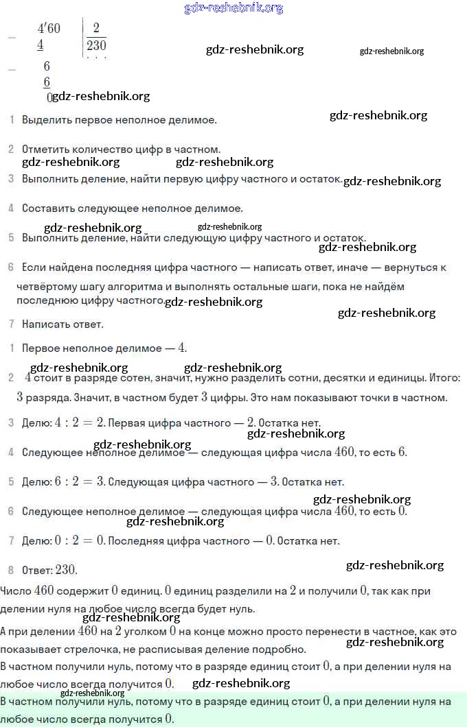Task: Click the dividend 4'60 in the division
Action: pyautogui.click(x=49, y=28)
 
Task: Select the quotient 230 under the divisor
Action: pyautogui.click(x=96, y=45)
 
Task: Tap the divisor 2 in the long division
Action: pyautogui.click(x=96, y=28)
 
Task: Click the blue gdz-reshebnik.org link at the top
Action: pyautogui.click(x=233, y=8)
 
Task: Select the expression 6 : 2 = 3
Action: pyautogui.click(x=79, y=482)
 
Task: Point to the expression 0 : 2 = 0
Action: pyautogui.click(x=79, y=541)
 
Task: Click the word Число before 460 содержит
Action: pyautogui.click(x=16, y=591)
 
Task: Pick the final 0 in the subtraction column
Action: pyautogui.click(x=49, y=97)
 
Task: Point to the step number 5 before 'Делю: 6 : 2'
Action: pyautogui.click(x=11, y=482)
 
